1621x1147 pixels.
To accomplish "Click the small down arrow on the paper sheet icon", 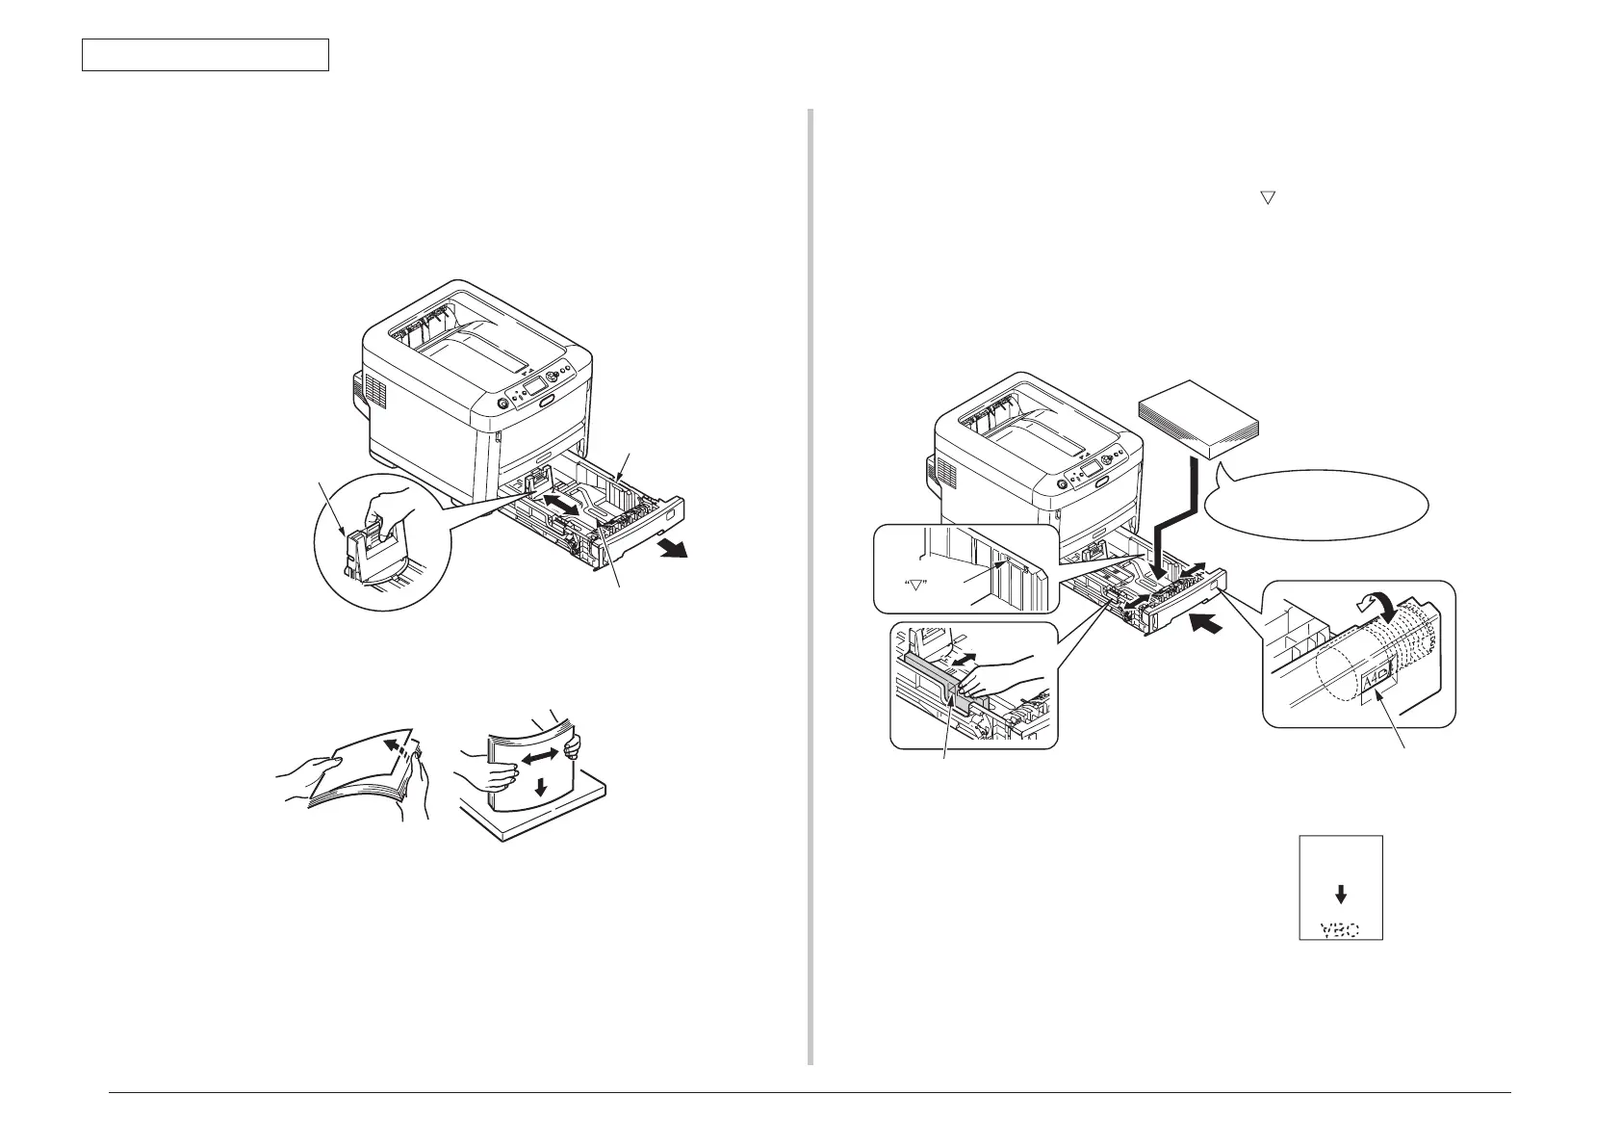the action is coord(1341,893).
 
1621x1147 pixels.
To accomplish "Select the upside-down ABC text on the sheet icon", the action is coord(1340,929).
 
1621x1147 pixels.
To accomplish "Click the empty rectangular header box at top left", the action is coord(205,55).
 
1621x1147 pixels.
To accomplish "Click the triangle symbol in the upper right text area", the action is coord(1268,196).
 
